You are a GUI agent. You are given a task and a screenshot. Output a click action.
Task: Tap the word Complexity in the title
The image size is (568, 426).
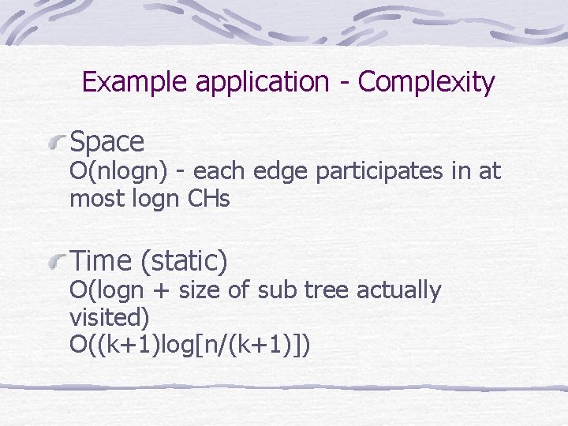[426, 82]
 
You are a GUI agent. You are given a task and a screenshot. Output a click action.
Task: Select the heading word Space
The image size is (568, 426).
[107, 142]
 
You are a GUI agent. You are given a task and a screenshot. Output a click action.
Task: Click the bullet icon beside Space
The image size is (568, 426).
[57, 143]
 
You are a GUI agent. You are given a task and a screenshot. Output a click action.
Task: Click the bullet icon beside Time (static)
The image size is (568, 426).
[57, 260]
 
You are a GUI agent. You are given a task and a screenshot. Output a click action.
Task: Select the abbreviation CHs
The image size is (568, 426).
[209, 200]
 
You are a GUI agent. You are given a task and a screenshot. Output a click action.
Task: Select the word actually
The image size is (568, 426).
[398, 291]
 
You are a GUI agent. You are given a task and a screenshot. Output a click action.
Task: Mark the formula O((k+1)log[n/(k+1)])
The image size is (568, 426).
[190, 345]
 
